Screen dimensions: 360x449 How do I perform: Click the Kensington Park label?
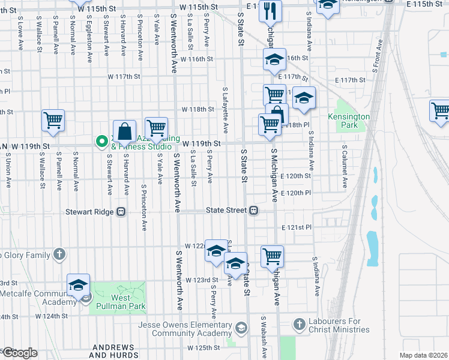[349, 121]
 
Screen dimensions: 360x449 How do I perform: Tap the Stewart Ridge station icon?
[121, 211]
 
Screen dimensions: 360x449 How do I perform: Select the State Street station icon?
[255, 211]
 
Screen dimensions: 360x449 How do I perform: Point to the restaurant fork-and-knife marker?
[270, 11]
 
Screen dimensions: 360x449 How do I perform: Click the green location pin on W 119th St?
[101, 142]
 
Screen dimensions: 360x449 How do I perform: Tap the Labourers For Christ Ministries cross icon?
[300, 325]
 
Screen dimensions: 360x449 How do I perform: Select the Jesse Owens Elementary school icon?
[241, 328]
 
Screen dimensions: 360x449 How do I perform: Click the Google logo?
[19, 353]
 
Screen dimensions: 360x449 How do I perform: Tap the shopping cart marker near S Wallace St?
[53, 121]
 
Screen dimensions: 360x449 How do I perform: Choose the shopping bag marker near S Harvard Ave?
[124, 132]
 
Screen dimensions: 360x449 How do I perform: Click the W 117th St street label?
[124, 77]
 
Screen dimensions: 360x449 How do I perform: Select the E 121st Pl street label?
[296, 228]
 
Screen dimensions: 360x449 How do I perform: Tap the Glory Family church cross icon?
[59, 255]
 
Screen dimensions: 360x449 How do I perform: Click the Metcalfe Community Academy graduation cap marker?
[78, 286]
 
